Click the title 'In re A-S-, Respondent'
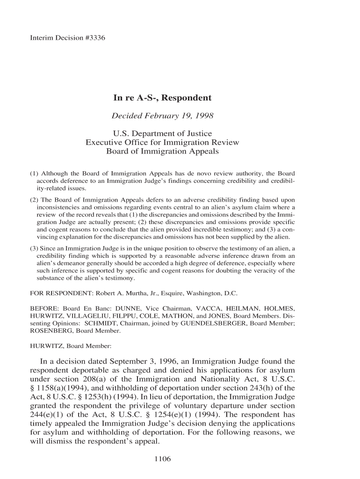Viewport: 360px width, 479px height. [163, 98]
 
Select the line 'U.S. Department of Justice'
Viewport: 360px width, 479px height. [163, 134]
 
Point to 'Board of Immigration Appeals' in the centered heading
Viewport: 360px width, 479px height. [163, 152]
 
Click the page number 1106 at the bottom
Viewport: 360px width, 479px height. [163, 459]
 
